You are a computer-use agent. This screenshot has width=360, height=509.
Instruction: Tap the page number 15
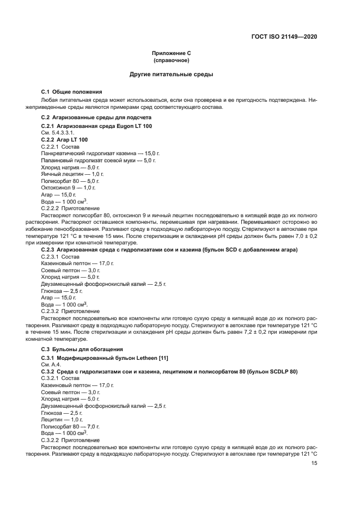point(314,463)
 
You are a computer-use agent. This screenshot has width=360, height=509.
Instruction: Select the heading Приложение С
point(171,53)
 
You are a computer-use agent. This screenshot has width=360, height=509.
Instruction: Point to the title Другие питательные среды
point(171,74)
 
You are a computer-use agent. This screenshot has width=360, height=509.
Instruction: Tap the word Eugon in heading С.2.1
point(124,126)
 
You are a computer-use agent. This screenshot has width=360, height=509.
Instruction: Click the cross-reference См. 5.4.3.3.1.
point(58,133)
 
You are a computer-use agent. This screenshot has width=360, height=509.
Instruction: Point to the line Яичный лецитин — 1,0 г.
point(72,174)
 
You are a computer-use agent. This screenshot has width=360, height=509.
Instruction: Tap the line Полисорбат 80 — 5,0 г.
point(70,181)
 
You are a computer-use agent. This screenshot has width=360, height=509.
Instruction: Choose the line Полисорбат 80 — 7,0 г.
point(70,426)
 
